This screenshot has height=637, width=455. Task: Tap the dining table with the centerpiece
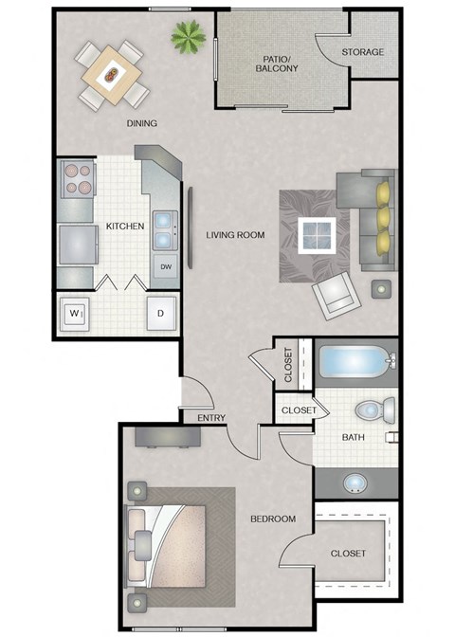[114, 72]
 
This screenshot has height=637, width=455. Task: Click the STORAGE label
[364, 51]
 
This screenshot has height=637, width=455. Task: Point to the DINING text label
[141, 123]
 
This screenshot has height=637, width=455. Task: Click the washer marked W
[75, 312]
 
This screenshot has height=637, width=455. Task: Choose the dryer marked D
[160, 313]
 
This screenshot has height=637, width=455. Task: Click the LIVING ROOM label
[235, 234]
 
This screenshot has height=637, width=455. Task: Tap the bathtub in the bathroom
[353, 362]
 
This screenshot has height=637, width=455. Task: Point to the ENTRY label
[209, 418]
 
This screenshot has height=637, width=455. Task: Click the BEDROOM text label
[273, 519]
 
